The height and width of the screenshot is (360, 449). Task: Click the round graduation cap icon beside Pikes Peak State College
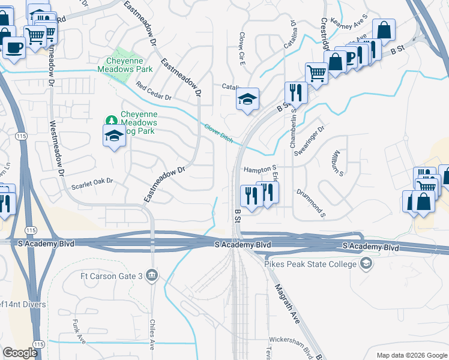point(366,264)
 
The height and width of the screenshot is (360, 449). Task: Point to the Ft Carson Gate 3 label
point(112,276)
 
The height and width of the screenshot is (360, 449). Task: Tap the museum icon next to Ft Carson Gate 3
point(153,275)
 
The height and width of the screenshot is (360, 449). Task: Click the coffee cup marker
point(14,46)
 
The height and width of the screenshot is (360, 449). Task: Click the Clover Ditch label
point(218,131)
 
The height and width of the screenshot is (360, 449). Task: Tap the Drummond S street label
point(310,203)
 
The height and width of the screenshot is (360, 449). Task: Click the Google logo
point(20,353)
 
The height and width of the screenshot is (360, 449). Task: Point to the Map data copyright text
point(411,355)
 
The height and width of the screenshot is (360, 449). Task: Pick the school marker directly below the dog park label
point(114,137)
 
